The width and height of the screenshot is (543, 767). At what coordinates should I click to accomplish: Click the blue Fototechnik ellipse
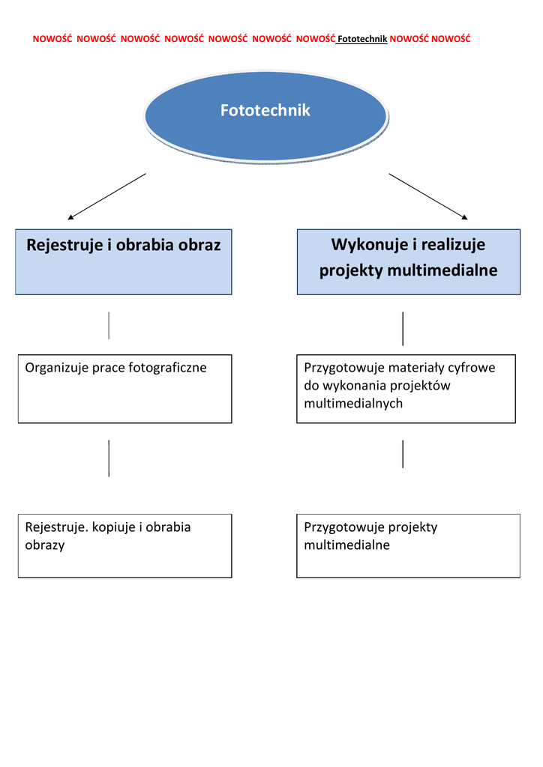(x=265, y=116)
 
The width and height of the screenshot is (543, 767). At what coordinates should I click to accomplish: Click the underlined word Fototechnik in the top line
(x=362, y=39)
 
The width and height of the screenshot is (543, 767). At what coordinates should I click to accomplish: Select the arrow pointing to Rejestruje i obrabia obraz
(x=106, y=196)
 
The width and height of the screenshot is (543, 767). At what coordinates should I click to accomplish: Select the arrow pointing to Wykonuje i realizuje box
(x=428, y=196)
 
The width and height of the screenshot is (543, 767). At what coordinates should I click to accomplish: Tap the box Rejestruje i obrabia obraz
(x=124, y=261)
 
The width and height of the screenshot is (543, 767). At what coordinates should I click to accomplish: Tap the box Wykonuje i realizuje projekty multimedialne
(x=408, y=261)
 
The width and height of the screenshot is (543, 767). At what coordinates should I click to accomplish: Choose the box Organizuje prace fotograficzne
(x=124, y=388)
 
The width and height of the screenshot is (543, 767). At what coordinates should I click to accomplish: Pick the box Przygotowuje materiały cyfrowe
(x=406, y=388)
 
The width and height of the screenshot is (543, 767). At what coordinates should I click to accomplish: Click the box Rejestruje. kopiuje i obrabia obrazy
(x=124, y=545)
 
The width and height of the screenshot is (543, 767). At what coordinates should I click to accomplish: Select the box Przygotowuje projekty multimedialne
(x=408, y=545)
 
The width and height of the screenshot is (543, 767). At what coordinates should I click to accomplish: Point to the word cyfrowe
(x=472, y=368)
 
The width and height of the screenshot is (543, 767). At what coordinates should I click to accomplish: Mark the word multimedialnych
(x=353, y=404)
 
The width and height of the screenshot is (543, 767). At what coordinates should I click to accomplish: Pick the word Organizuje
(x=57, y=368)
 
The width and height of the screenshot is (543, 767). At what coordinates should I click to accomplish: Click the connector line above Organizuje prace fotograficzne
(x=109, y=325)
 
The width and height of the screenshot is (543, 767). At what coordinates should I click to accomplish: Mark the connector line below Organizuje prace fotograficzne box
(x=109, y=458)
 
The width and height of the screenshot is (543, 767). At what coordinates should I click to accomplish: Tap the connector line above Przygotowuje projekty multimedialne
(x=403, y=454)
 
